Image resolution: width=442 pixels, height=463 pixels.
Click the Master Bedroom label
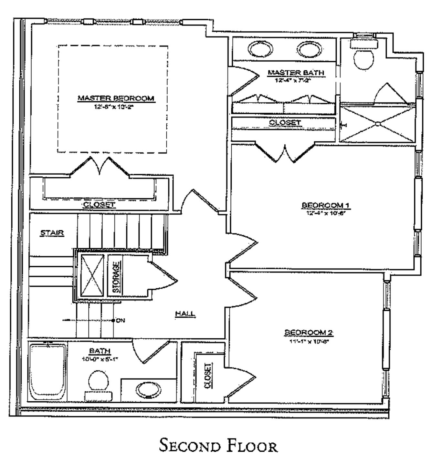tap(116, 98)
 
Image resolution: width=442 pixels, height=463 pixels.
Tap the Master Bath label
tap(296, 73)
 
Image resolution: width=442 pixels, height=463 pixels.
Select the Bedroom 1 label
tap(326, 205)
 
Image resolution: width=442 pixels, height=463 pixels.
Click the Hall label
tap(185, 313)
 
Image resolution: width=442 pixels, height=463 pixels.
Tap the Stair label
tap(52, 233)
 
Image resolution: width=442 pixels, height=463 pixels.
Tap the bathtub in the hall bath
tap(47, 371)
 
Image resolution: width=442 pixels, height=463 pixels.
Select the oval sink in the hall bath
tap(148, 390)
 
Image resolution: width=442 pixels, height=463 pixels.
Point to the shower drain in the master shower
tap(378, 124)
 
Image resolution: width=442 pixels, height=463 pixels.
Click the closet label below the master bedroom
tap(99, 205)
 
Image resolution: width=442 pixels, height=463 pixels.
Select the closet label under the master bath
tap(285, 123)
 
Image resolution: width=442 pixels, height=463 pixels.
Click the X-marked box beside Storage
tap(92, 275)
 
